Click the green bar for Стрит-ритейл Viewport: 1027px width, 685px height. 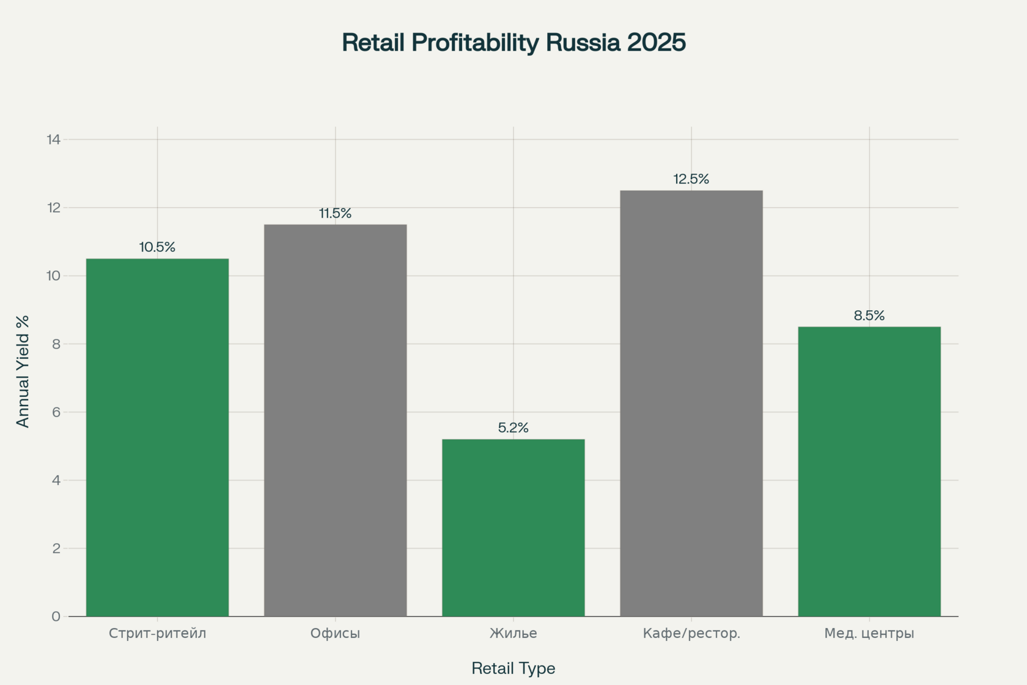coord(157,437)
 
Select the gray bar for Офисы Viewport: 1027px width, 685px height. coord(335,420)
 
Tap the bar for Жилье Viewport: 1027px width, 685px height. coord(513,527)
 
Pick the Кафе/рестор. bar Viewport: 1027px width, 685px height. coord(691,403)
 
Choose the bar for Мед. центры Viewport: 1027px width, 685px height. coord(869,471)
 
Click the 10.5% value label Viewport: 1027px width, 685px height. coord(157,247)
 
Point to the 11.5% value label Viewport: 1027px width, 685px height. coord(335,213)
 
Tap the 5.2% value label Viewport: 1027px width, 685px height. coord(513,428)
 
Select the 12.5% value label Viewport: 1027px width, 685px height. coord(691,179)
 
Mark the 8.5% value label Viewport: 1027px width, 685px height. coord(869,316)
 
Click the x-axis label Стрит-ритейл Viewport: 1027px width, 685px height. coord(157,633)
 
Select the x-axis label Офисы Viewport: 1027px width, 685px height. coord(335,633)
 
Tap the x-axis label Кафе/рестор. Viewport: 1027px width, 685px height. coord(691,633)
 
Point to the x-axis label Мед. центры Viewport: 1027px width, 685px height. coord(869,633)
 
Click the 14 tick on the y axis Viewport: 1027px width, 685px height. coord(54,139)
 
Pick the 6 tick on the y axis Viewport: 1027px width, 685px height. coord(56,412)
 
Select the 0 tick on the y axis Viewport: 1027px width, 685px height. coord(56,616)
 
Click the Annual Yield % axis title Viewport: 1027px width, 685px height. coord(23,371)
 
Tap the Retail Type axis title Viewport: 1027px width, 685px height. coord(513,668)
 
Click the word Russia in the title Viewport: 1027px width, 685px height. coord(583,43)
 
